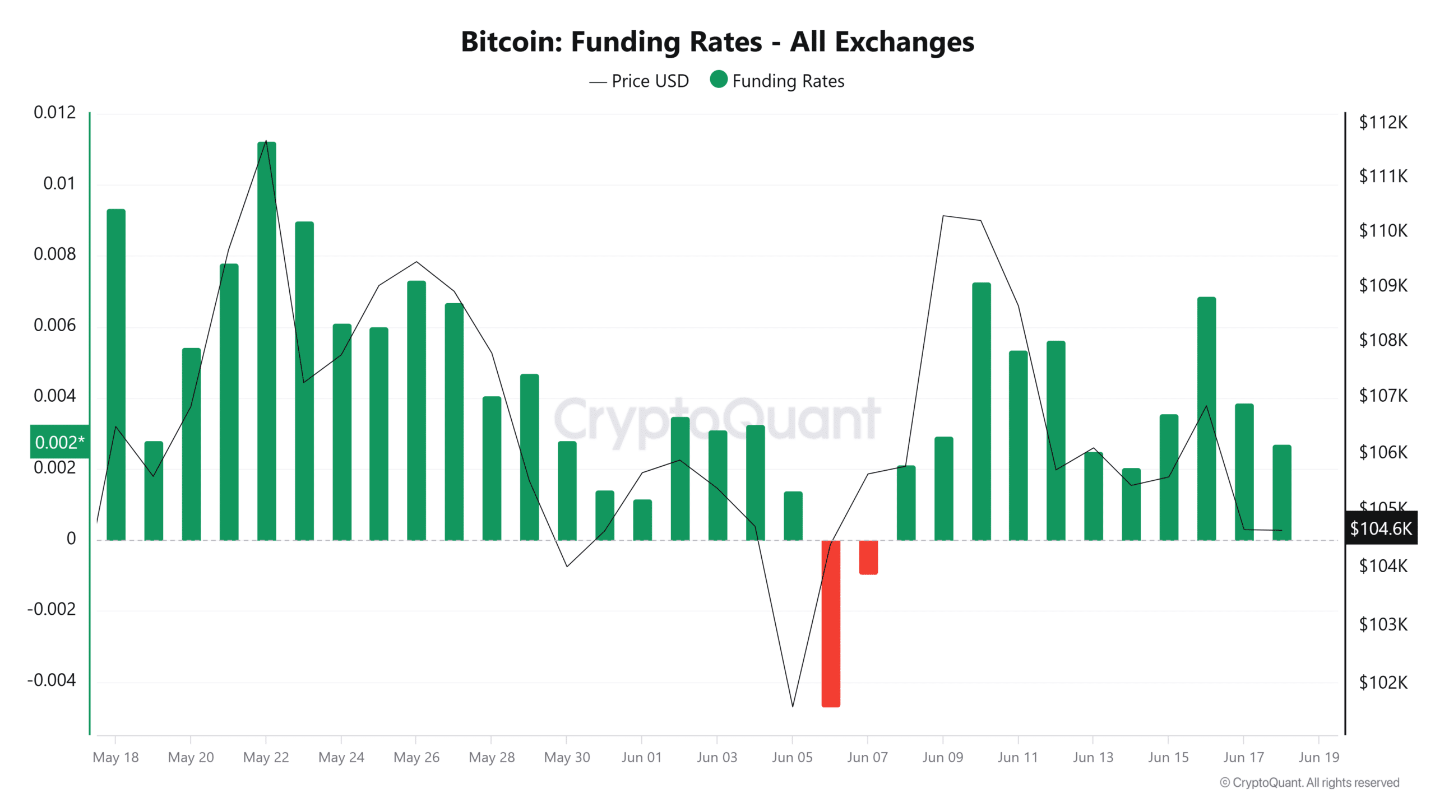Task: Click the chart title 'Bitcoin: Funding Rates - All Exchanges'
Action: (x=717, y=41)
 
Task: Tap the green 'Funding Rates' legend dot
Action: (x=718, y=80)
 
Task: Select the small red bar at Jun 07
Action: (x=868, y=557)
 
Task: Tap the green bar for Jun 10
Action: (x=981, y=411)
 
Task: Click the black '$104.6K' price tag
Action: (x=1381, y=528)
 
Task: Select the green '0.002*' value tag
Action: (x=59, y=442)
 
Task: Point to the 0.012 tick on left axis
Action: (x=54, y=113)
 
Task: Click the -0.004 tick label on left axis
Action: (x=52, y=680)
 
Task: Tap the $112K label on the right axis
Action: (x=1382, y=122)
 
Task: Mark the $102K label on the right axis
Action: (x=1382, y=682)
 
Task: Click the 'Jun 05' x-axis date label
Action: (x=791, y=757)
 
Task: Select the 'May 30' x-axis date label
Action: (x=567, y=757)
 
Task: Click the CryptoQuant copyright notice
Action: (x=1309, y=782)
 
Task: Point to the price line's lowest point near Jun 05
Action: (x=793, y=706)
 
